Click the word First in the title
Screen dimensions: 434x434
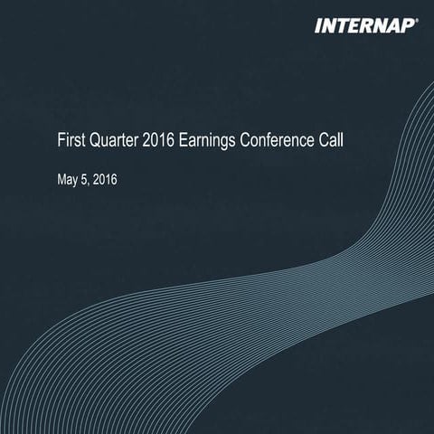[x=70, y=142]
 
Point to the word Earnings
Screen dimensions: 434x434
[x=213, y=142]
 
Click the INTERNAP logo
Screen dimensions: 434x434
[x=363, y=26]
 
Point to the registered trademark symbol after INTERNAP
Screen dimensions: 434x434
[x=417, y=21]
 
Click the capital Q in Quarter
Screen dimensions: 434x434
[x=93, y=142]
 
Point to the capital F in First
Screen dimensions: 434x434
[x=60, y=142]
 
